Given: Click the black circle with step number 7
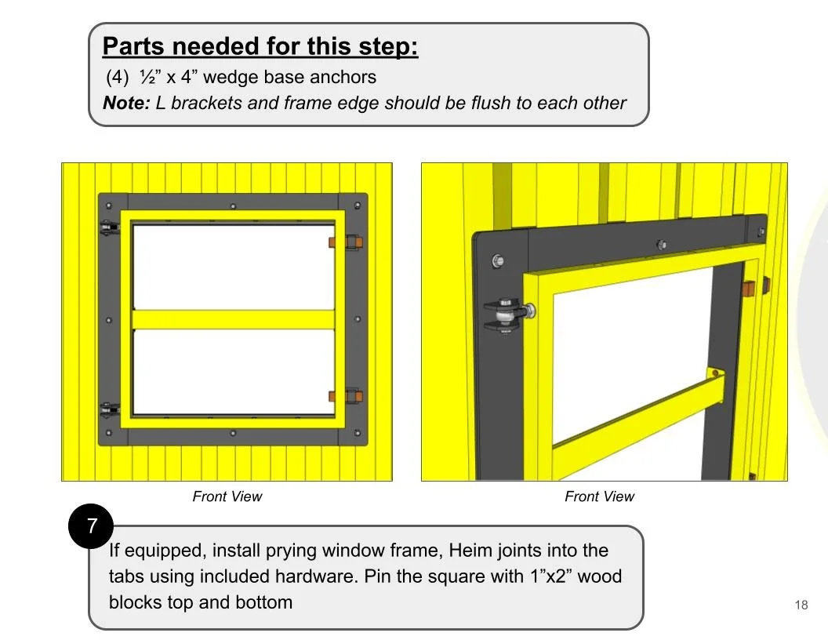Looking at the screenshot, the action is (x=92, y=525).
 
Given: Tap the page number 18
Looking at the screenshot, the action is (x=801, y=605).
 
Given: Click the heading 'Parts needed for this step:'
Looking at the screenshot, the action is (x=260, y=46).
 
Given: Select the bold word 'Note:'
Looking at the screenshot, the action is (x=126, y=103).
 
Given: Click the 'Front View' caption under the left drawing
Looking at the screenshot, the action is (x=227, y=496).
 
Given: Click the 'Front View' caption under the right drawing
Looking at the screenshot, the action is (x=599, y=496).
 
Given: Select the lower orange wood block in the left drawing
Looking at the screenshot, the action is (x=332, y=396).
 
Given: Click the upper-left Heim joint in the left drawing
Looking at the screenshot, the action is (x=110, y=228).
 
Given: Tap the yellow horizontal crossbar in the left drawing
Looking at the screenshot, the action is (x=234, y=319).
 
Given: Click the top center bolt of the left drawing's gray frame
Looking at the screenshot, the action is (x=233, y=206).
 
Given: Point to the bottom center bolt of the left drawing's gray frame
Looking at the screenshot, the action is (x=233, y=432).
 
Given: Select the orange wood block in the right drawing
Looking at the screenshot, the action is (x=748, y=288).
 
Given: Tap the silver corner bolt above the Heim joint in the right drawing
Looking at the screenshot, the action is (x=496, y=260).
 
